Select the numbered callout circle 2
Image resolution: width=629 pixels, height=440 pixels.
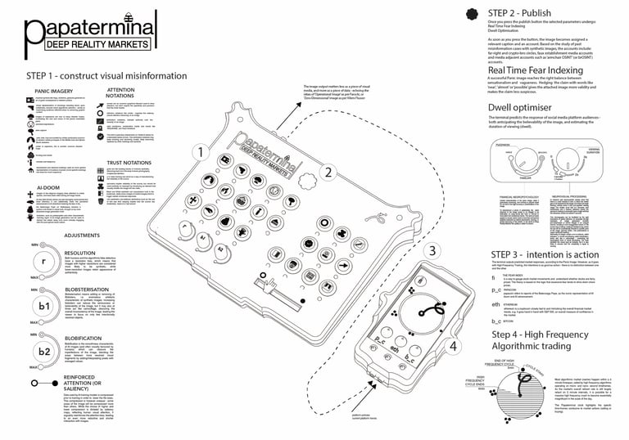pyautogui.click(x=328, y=172)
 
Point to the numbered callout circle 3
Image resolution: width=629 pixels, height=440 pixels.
pyautogui.click(x=433, y=250)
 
